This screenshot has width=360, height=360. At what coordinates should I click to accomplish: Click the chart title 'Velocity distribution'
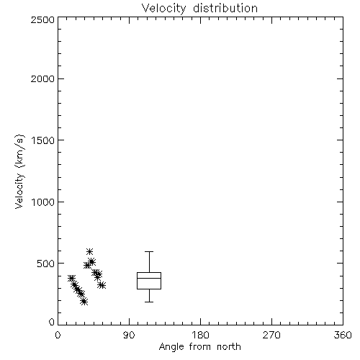(x=199, y=9)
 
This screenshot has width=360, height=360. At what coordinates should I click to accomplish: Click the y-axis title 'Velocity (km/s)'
(x=19, y=171)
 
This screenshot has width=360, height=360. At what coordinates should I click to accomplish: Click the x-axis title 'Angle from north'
(x=199, y=347)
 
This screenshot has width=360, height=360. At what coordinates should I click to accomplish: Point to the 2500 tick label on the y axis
(x=42, y=19)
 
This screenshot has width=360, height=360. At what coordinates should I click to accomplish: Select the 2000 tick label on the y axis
(x=42, y=78)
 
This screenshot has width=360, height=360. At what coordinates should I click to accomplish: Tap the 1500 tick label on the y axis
(x=43, y=140)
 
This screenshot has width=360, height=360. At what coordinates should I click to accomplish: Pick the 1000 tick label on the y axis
(x=43, y=202)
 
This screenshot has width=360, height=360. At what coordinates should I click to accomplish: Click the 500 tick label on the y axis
(x=46, y=264)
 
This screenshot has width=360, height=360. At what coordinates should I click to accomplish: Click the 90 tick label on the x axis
(x=129, y=335)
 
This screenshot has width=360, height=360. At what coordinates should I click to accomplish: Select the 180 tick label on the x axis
(x=200, y=335)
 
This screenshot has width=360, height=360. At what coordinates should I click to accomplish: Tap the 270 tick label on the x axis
(x=271, y=335)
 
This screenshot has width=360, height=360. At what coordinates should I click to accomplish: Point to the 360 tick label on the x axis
(x=343, y=335)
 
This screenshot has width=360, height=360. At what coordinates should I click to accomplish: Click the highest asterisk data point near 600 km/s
(x=89, y=251)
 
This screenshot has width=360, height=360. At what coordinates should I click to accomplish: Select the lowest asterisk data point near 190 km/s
(x=84, y=302)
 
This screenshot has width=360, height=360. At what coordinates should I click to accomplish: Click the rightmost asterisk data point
(x=102, y=285)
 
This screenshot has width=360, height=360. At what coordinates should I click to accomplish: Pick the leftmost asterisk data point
(x=71, y=278)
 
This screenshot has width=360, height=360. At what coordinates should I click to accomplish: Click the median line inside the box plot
(x=149, y=278)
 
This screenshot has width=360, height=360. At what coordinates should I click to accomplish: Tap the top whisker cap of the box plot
(x=149, y=251)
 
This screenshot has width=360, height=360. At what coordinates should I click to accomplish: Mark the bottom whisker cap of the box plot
(x=149, y=302)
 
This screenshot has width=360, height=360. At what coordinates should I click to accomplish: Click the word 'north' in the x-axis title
(x=229, y=347)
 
